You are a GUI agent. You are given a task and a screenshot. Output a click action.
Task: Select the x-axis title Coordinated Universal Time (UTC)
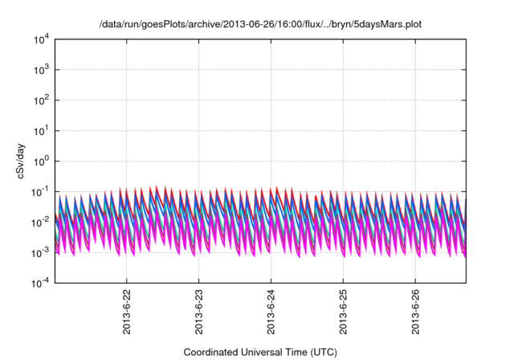coord(259,352)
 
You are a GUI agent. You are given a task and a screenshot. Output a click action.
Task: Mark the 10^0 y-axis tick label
coord(41,161)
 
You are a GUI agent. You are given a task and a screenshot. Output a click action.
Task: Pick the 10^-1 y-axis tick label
coord(40,191)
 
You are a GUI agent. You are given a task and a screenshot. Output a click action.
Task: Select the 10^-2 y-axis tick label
coord(40,222)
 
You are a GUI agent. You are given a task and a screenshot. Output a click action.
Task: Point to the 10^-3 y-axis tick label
coord(40,252)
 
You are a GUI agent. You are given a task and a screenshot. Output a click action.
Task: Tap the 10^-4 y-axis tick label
coord(40,283)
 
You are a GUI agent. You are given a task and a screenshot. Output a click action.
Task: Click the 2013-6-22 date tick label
coord(127,310)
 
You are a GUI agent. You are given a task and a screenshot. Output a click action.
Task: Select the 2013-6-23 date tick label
coord(198,310)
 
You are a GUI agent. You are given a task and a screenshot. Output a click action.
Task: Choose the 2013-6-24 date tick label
coord(271,310)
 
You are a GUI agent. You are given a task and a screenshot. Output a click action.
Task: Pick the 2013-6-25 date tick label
coord(343,310)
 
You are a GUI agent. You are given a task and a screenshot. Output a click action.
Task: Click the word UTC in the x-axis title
coord(320,352)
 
